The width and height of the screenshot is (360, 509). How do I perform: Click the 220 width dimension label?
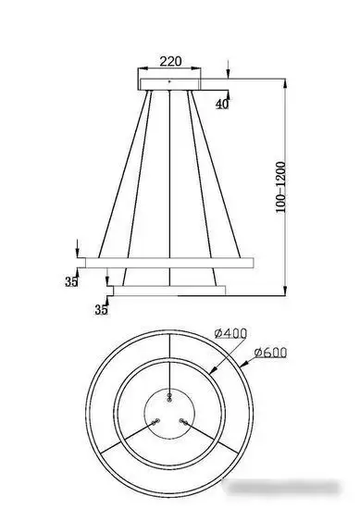pos(168,63)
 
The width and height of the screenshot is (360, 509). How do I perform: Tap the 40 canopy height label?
pos(222,104)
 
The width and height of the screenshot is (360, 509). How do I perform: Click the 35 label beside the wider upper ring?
pos(71,282)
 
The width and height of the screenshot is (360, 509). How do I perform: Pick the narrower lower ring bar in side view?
pos(168,291)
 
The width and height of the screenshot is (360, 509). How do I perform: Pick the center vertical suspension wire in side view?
pos(169,176)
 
